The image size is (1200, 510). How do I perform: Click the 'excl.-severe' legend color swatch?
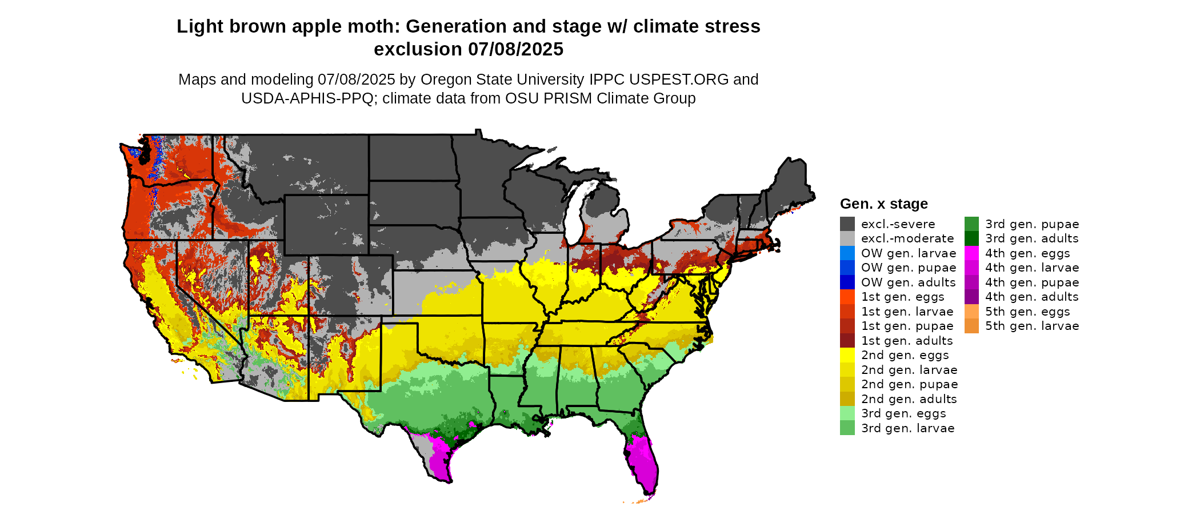click(x=847, y=224)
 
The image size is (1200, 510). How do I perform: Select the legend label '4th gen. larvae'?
click(x=1032, y=268)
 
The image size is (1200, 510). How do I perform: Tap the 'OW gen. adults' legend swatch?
click(x=847, y=282)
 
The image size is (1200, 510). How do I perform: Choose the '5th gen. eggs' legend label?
click(x=1027, y=312)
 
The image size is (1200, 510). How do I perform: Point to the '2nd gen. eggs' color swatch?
click(x=847, y=355)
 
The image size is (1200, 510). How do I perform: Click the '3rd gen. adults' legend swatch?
click(x=971, y=238)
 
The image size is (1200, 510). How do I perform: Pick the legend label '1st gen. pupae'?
click(x=907, y=326)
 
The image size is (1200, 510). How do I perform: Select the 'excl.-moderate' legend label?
click(x=907, y=238)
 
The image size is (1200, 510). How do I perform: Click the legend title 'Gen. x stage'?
click(x=883, y=204)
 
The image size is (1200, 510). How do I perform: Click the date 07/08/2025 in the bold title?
click(x=515, y=50)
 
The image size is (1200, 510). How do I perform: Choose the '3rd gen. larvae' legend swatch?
click(x=847, y=428)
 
